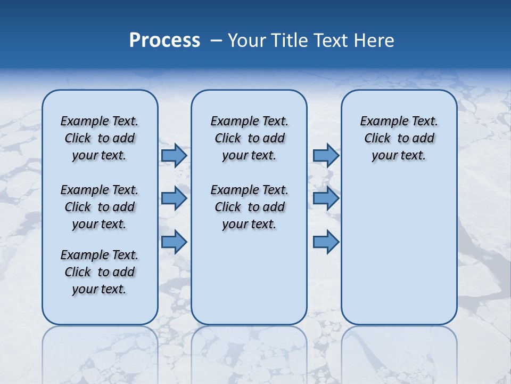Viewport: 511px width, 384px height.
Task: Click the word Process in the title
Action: (x=164, y=41)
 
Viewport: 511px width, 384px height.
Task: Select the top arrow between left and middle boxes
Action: (x=174, y=155)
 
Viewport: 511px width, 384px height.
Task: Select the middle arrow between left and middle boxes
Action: (x=174, y=198)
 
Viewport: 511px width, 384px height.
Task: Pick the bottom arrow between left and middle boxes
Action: (x=174, y=242)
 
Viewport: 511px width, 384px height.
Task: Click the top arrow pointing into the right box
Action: (x=326, y=155)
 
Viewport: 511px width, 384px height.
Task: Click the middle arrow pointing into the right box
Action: (x=326, y=198)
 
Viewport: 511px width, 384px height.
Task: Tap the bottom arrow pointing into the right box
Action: (x=326, y=242)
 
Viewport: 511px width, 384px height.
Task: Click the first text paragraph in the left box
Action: (x=100, y=138)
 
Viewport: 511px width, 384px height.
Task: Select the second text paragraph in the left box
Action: (x=100, y=207)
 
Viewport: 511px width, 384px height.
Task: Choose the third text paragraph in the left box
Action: (x=100, y=272)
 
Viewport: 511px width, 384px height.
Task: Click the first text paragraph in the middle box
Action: (x=249, y=138)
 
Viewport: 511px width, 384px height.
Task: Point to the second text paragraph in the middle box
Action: (x=249, y=207)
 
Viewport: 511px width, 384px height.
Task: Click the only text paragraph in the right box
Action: (x=399, y=138)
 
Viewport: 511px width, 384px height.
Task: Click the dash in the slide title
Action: (x=216, y=41)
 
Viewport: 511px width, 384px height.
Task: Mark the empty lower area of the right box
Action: (x=399, y=251)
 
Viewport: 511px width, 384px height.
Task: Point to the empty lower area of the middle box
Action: (x=249, y=277)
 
